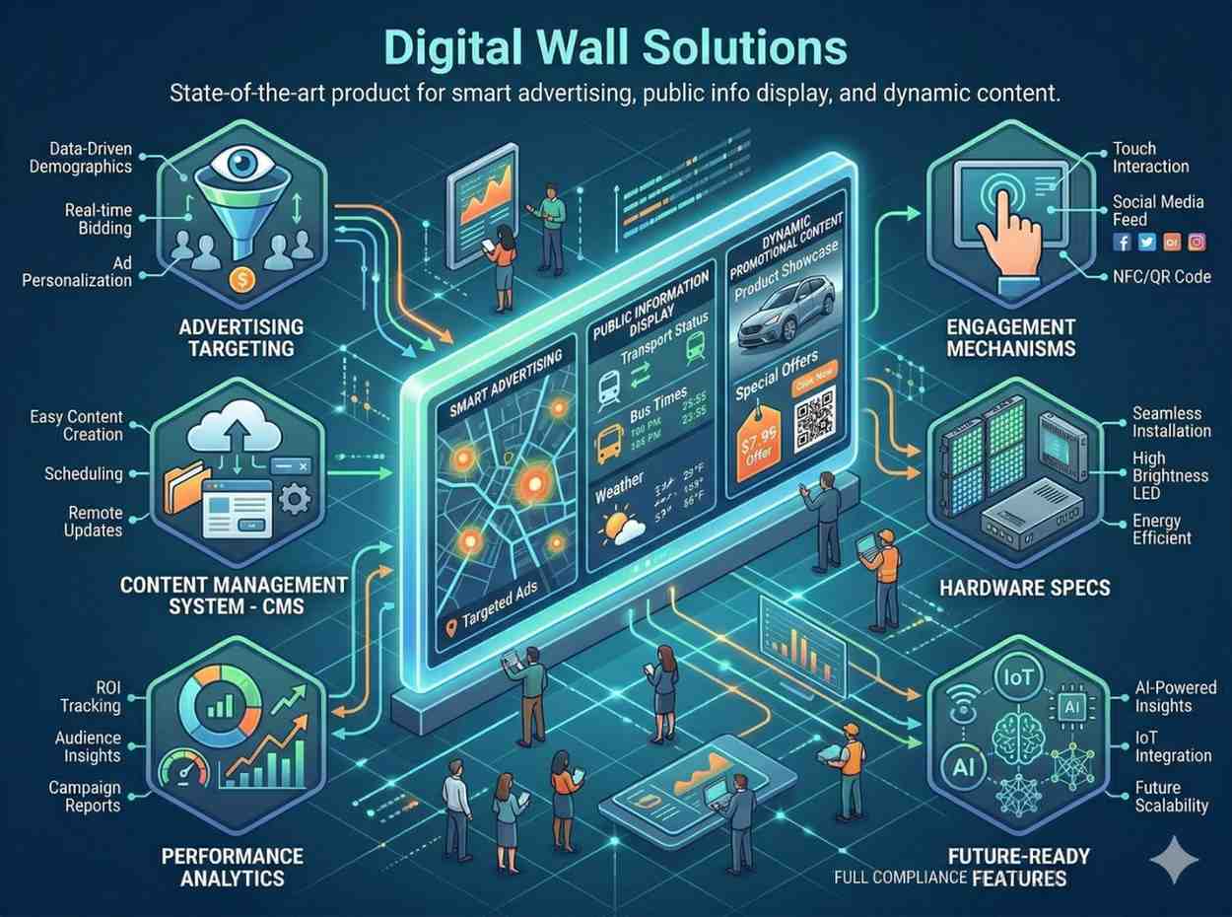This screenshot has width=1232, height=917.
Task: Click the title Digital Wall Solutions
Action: (616, 47)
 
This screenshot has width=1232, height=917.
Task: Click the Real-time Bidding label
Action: (98, 219)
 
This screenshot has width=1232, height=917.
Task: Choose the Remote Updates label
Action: (95, 522)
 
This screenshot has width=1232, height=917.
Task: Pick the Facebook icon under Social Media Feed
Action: (1122, 242)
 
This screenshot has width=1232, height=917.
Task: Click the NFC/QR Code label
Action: (1162, 277)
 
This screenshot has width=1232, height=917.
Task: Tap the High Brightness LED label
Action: (1170, 475)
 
